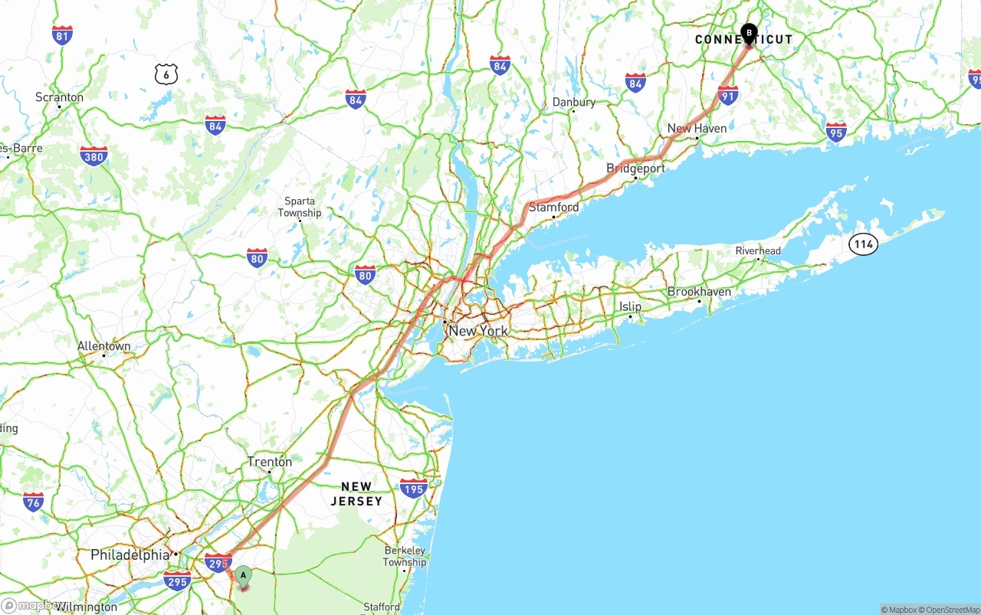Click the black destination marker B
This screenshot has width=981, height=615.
(749, 34)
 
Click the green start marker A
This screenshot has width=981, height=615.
(243, 575)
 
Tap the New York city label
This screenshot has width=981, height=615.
(478, 331)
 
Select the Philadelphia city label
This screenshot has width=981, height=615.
(130, 554)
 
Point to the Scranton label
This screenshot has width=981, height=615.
(59, 97)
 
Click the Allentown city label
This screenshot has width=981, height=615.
(103, 346)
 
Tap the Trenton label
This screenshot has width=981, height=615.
(269, 462)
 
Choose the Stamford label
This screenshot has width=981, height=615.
(554, 208)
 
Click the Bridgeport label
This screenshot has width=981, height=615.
(635, 168)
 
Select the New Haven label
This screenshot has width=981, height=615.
(697, 129)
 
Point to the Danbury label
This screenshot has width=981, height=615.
(573, 103)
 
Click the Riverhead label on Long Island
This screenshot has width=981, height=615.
(758, 251)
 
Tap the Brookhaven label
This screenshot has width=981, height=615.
(699, 292)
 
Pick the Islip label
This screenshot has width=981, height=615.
(630, 306)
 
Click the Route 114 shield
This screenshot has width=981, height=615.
(863, 244)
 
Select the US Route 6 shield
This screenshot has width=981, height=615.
(166, 74)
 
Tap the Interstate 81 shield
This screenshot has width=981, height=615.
(63, 35)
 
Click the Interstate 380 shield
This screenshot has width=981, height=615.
(94, 156)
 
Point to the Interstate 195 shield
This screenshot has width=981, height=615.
(413, 488)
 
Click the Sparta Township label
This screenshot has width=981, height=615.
(300, 207)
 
